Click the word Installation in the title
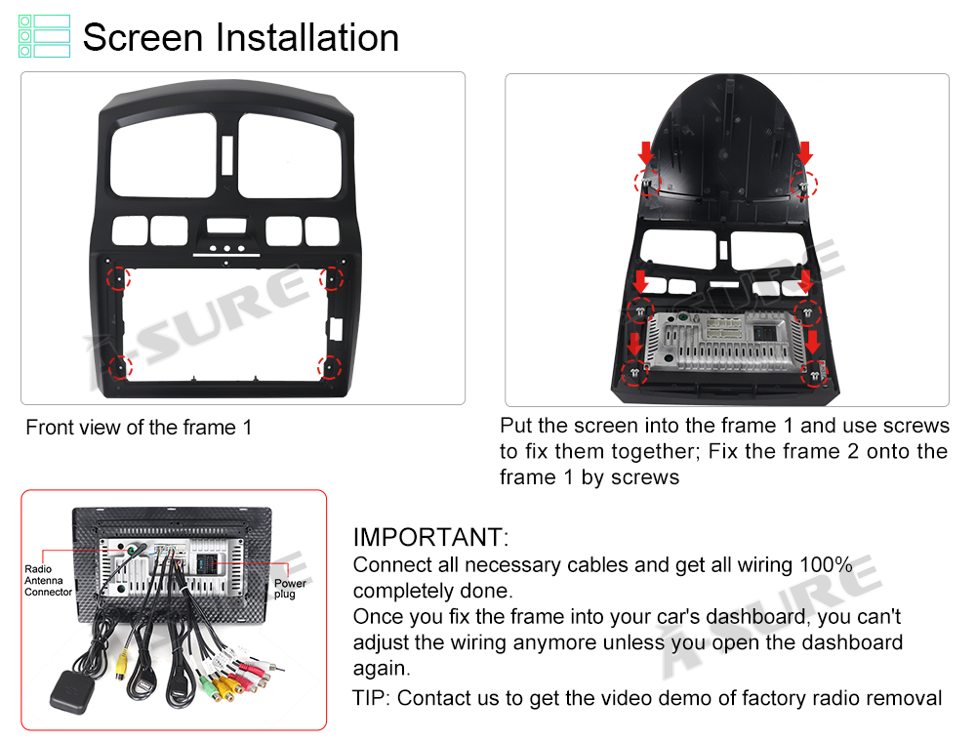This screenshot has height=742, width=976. point(306,37)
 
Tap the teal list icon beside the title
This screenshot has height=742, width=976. point(44,36)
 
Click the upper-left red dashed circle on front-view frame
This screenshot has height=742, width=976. point(118,277)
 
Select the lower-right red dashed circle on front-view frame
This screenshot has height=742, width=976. point(330,367)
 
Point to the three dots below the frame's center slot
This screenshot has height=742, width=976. point(226,248)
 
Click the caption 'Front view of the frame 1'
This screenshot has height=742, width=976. point(139,428)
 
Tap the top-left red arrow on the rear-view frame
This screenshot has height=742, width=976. point(645,153)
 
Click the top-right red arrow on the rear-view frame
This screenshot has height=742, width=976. point(805,153)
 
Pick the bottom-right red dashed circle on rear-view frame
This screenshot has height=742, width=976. point(814,375)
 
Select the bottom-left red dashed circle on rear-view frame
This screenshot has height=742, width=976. point(634,372)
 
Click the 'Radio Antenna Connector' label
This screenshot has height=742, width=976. point(48,581)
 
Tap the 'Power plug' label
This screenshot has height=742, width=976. point(290,589)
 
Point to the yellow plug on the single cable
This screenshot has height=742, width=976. point(121,664)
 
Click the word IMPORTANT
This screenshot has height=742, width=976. point(430,537)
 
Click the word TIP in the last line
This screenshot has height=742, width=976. point(371,698)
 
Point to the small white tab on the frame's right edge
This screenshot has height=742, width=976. point(336,328)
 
